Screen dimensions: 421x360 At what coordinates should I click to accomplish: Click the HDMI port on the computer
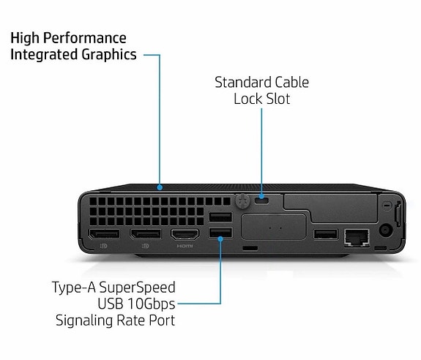pos(185,234)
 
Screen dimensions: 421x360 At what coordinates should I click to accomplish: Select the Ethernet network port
pos(357,237)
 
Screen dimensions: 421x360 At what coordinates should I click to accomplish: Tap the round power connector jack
pos(386,230)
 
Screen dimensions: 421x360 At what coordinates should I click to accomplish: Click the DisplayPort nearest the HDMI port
pos(146,234)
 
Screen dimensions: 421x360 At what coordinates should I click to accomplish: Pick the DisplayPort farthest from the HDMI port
pos(105,234)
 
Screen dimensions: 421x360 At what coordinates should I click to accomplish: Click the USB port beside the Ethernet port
pos(326,234)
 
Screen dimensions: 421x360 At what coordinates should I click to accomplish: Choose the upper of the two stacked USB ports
pos(220,217)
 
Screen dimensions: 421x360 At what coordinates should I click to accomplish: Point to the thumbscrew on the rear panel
pos(243,201)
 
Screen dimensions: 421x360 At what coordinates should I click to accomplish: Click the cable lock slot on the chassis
pos(261,200)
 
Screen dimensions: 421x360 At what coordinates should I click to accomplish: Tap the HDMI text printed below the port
pos(185,246)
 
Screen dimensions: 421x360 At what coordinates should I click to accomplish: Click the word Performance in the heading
pos(85,38)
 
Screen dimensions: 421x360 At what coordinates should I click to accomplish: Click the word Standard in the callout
pos(243,82)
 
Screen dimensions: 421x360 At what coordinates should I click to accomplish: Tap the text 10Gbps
pos(151,304)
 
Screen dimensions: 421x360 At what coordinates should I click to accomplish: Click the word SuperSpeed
pos(137,288)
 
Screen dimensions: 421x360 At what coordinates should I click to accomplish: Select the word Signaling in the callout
pos(85,320)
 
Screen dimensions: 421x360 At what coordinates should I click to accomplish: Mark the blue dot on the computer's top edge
pos(160,187)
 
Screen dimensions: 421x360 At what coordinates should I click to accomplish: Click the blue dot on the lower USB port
pos(220,239)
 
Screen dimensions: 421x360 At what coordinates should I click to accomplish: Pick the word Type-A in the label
pos(74,288)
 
